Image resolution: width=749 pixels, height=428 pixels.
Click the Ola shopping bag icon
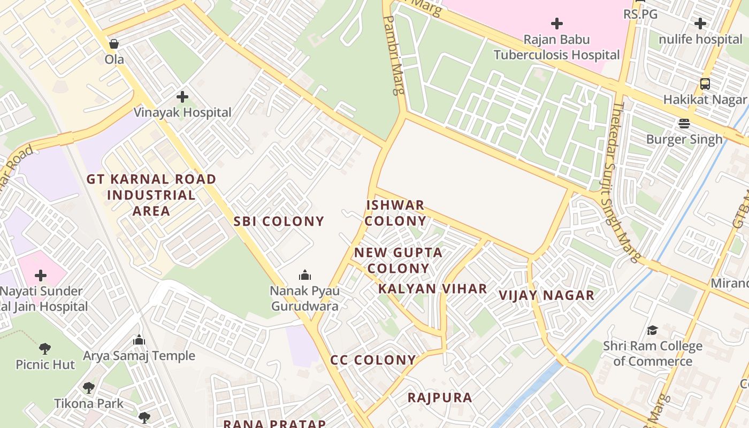point(113,44)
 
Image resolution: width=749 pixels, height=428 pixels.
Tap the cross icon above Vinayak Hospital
point(182,97)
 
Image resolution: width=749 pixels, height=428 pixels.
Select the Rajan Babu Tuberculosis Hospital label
point(556,47)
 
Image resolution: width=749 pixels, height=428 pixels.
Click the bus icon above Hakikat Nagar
point(705,84)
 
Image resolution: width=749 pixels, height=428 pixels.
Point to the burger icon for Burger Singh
point(684,124)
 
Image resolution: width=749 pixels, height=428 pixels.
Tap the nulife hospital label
point(700,39)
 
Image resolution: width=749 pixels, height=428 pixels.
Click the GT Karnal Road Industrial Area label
point(151,195)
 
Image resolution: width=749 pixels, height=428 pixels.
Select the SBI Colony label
point(279,221)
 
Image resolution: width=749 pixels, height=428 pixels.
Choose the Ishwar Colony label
point(396,213)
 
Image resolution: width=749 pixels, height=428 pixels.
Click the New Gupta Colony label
point(399,260)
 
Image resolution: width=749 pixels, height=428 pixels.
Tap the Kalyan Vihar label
point(433,289)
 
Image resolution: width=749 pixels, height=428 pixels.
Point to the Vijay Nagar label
point(547,295)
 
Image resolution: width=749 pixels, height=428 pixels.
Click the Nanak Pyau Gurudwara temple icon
point(305,275)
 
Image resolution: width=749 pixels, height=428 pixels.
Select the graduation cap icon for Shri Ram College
point(652,330)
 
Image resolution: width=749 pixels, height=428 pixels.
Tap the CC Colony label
point(373,360)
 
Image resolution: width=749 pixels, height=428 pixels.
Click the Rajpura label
point(440,398)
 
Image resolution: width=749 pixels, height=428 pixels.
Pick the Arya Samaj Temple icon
point(139,340)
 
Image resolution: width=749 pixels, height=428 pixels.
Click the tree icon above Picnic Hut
point(45,349)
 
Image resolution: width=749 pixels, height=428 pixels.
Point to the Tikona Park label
point(89,403)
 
